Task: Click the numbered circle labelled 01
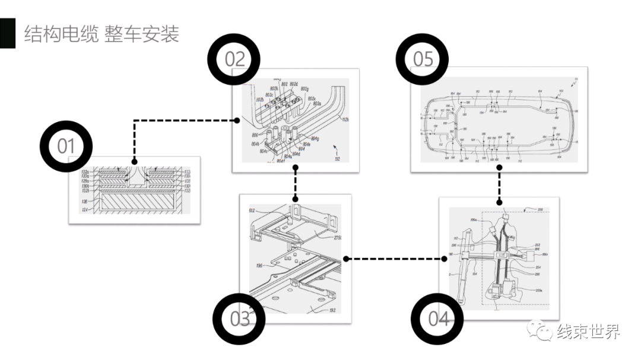click(65, 146)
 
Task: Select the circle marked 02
click(234, 59)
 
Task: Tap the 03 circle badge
click(239, 319)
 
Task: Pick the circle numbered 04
click(438, 319)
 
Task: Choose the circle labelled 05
click(423, 59)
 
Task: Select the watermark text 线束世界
click(588, 332)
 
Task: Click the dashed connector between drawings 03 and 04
click(396, 259)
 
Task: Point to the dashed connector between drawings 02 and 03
click(295, 183)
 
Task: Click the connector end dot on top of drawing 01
click(135, 161)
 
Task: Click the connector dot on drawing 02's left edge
click(237, 120)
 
